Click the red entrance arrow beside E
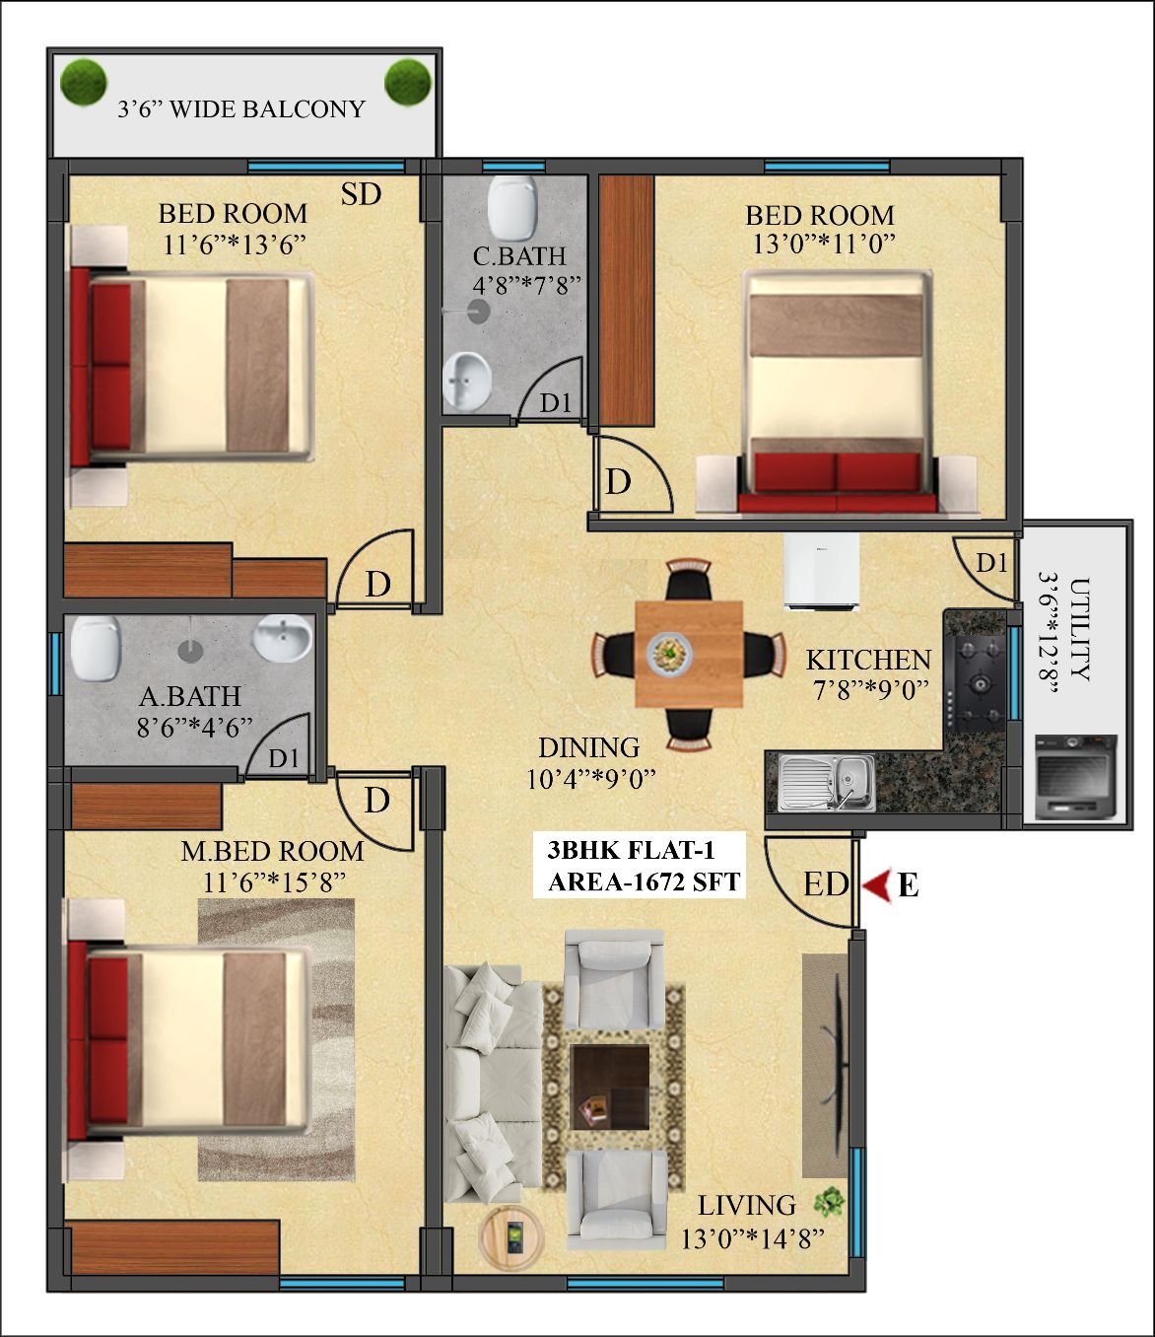(877, 884)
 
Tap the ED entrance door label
(826, 883)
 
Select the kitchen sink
(827, 782)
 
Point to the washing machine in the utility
(1076, 777)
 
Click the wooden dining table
(689, 654)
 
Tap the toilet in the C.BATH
(512, 207)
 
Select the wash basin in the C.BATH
(466, 383)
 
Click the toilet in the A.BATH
(96, 648)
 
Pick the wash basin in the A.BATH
(282, 637)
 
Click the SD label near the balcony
(362, 194)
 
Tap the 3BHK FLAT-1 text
(631, 849)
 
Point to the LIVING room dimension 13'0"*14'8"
(753, 1238)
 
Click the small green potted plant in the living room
(830, 1201)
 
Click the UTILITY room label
(1079, 629)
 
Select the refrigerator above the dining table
(821, 571)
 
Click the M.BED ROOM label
(272, 851)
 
